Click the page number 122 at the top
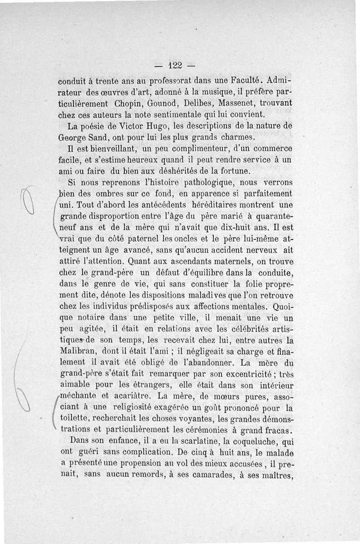click(x=174, y=65)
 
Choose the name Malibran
click(x=77, y=351)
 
